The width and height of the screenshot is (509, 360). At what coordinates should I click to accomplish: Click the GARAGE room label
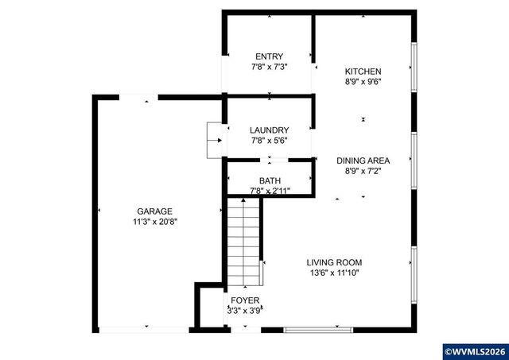pos(154,211)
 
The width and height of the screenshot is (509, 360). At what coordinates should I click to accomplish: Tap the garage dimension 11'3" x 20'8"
pos(154,222)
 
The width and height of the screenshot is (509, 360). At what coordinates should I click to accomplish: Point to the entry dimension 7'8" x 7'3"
pos(269,67)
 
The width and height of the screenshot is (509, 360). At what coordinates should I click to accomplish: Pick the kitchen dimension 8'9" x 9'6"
pos(363,81)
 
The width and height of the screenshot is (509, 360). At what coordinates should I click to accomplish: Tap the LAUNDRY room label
pos(269,130)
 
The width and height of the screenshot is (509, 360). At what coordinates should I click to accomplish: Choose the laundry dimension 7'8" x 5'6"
pos(269,141)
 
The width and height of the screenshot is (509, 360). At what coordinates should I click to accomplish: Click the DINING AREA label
pos(363,160)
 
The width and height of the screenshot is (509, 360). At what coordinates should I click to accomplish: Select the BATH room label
pos(270,180)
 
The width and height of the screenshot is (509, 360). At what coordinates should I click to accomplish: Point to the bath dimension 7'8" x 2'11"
pos(270,191)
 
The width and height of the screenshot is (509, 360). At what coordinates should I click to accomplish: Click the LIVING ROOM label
pos(335,262)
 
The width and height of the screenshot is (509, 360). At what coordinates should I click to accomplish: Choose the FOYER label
pos(245,300)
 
